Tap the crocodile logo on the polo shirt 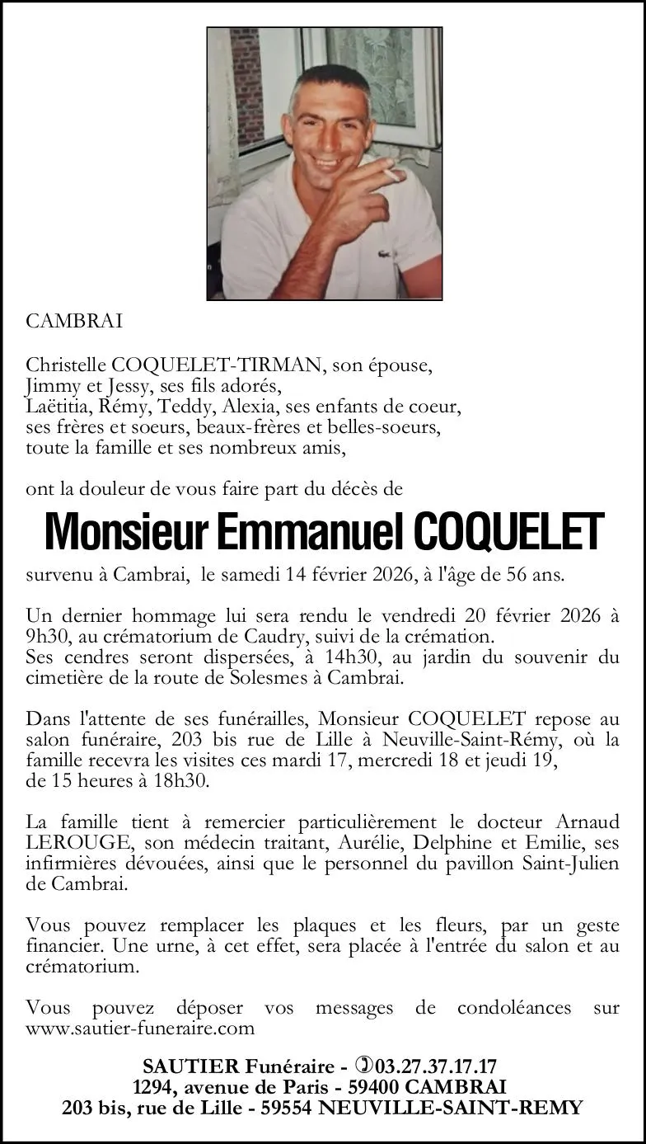point(385,254)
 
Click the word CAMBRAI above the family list point(74,322)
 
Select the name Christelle point(63,365)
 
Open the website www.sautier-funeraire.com point(140,1029)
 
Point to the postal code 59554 point(286,1108)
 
